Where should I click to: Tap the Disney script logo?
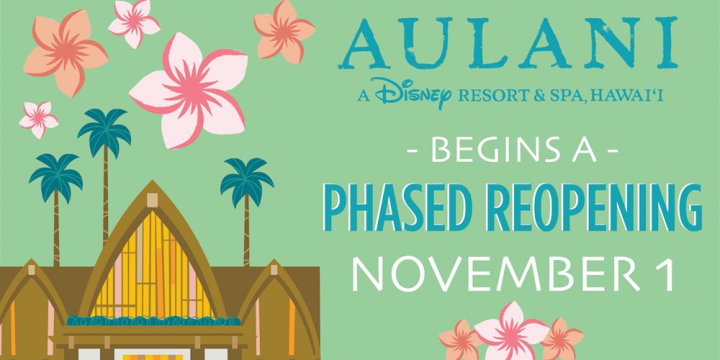click(413, 93)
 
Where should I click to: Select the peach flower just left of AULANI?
click(284, 32)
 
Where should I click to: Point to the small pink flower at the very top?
click(134, 22)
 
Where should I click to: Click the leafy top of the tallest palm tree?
click(104, 129)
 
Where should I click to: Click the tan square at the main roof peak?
click(153, 199)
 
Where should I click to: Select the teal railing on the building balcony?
click(154, 321)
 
